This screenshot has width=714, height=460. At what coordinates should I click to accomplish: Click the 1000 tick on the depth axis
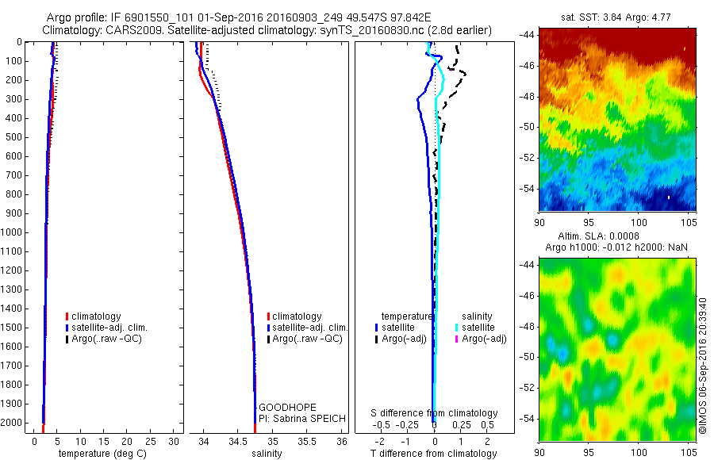click(x=15, y=232)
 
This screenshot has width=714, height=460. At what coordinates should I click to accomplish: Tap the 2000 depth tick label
click(x=15, y=424)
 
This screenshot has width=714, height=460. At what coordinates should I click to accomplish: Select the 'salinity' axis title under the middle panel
click(x=268, y=454)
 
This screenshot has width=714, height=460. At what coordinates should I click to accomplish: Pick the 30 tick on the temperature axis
click(x=175, y=441)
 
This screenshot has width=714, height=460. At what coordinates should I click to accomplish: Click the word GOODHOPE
click(x=282, y=406)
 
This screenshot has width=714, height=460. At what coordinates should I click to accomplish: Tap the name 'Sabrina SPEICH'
click(x=307, y=418)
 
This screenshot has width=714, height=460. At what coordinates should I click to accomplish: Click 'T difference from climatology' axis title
click(x=433, y=454)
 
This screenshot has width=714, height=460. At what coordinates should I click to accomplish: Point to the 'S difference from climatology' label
click(x=435, y=413)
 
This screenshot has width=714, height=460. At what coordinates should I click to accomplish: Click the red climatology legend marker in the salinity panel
click(x=269, y=316)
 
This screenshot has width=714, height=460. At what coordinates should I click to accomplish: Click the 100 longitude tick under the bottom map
click(x=638, y=453)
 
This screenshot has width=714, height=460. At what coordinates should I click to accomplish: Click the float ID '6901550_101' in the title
click(x=140, y=17)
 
